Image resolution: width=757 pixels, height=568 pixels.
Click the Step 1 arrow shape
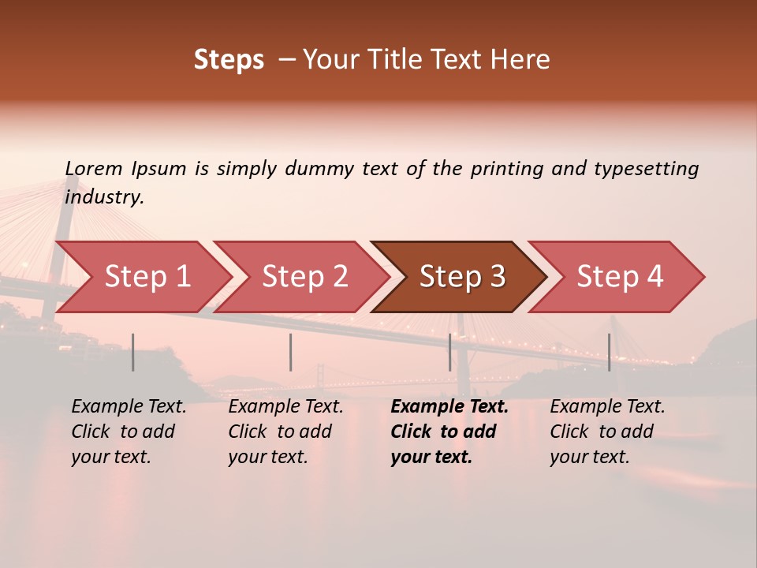pyautogui.click(x=146, y=277)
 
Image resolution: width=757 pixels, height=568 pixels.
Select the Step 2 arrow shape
pyautogui.click(x=304, y=277)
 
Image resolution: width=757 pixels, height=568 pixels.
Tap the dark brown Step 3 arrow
pyautogui.click(x=461, y=277)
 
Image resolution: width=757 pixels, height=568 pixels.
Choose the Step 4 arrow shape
pyautogui.click(x=619, y=277)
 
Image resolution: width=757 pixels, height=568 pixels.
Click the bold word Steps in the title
pyautogui.click(x=229, y=60)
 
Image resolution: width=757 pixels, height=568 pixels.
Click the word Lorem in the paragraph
pyautogui.click(x=94, y=169)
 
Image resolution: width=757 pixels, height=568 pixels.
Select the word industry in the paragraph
pyautogui.click(x=103, y=197)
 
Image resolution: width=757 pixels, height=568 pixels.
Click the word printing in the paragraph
pyautogui.click(x=502, y=169)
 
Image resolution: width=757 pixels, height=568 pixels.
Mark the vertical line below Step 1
pyautogui.click(x=133, y=352)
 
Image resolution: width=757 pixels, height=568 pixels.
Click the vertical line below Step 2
pyautogui.click(x=291, y=352)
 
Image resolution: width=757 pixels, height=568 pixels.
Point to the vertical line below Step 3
pyautogui.click(x=449, y=352)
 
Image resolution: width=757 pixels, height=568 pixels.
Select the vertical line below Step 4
pyautogui.click(x=609, y=352)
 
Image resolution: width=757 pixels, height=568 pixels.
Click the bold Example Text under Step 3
pyautogui.click(x=449, y=407)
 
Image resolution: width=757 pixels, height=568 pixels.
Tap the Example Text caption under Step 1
pyautogui.click(x=129, y=407)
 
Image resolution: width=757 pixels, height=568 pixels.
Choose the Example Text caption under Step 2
pyautogui.click(x=285, y=407)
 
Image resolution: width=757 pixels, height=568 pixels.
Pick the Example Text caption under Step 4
pyautogui.click(x=607, y=407)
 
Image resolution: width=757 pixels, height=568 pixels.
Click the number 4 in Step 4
pyautogui.click(x=654, y=277)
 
